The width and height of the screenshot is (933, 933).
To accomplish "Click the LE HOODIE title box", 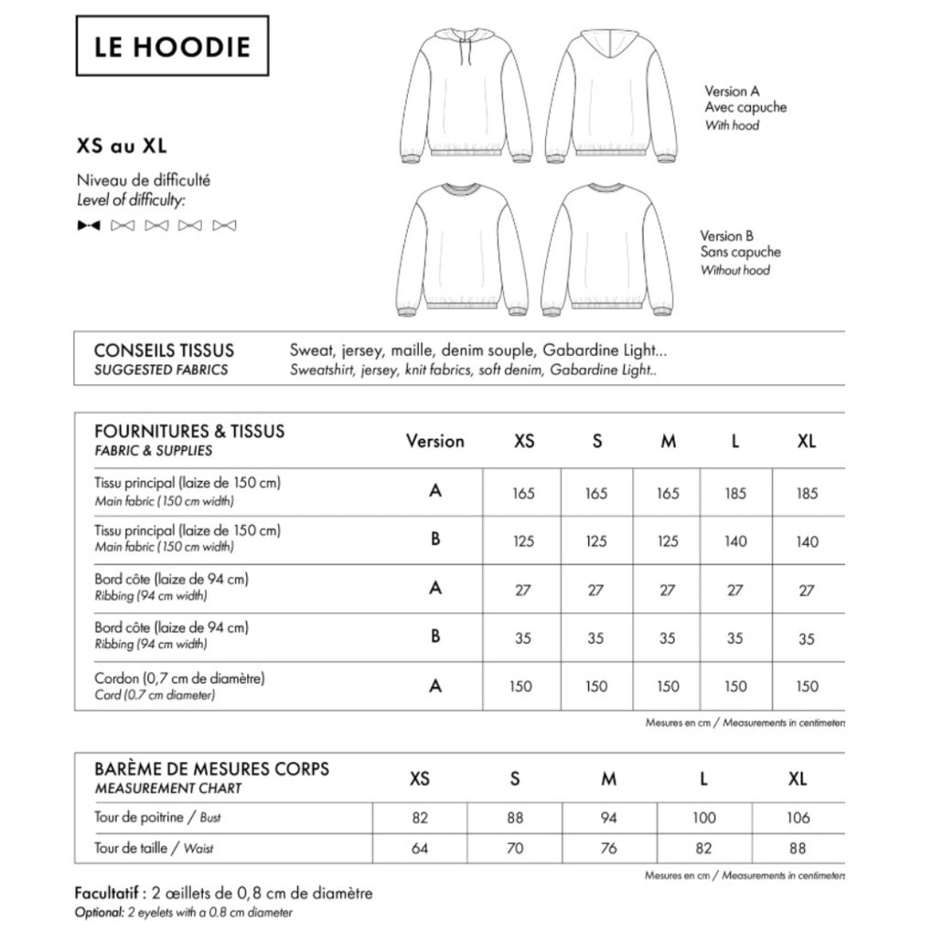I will coord(171,46).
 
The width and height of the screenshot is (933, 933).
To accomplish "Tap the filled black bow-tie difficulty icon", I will coord(89,225).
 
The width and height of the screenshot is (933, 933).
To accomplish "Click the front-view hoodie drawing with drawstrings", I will coord(466,96).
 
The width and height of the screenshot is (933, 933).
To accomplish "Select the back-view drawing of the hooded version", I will coord(612,96).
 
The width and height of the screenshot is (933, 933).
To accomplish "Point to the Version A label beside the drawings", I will coord(732,91).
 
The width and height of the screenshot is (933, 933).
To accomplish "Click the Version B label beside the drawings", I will coord(726,236).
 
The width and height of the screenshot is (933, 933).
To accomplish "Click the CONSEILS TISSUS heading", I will coord(164,350).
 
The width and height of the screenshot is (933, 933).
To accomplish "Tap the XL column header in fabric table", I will coord(806,441).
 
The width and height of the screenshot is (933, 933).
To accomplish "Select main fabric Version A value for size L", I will coord(735,493).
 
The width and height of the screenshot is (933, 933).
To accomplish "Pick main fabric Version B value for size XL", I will coord(807,542).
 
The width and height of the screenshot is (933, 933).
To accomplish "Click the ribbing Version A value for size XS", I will coord(522,590).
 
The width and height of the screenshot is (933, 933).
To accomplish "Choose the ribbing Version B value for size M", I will coord(668,638).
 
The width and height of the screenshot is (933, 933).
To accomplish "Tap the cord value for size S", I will coord(595,686).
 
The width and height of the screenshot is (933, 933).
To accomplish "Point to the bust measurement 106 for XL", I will coord(798,818).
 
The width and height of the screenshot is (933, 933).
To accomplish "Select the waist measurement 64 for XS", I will coord(420,848).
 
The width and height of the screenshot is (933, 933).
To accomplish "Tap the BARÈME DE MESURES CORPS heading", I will coord(211,769).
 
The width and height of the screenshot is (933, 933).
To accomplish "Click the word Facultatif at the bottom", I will coord(106,893).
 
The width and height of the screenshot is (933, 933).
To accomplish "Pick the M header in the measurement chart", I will coord(609,779).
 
